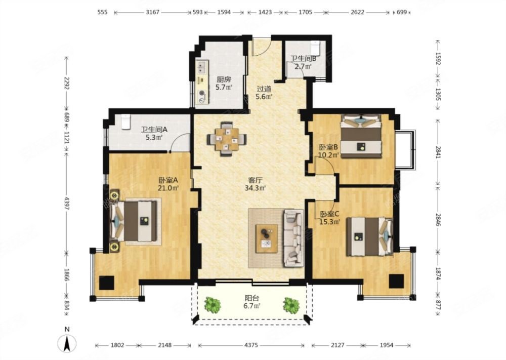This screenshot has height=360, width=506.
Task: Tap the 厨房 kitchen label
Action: pos(224,79)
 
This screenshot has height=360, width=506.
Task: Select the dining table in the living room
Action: pos(227,139)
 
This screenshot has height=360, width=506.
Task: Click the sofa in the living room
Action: pos(293,238)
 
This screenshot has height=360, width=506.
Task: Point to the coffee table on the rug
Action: pos(267,238)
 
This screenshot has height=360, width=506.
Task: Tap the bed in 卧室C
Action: pos(370,237)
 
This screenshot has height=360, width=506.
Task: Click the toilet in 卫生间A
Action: pos(126,122)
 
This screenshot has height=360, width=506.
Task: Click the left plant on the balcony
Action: pos(213,304)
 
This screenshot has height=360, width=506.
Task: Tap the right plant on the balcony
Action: pos(291,305)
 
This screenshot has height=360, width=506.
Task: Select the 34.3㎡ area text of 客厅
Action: pos(255,187)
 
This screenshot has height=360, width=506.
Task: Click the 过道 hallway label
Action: pos(264,88)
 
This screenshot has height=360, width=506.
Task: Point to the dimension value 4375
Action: pos(251,345)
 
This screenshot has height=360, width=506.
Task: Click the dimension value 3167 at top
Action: pos(152,12)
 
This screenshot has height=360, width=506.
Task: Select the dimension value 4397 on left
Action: pos(67,203)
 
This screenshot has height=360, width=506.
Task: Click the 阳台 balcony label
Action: pos(252,299)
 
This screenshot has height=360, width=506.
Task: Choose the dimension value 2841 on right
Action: pos(438,152)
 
